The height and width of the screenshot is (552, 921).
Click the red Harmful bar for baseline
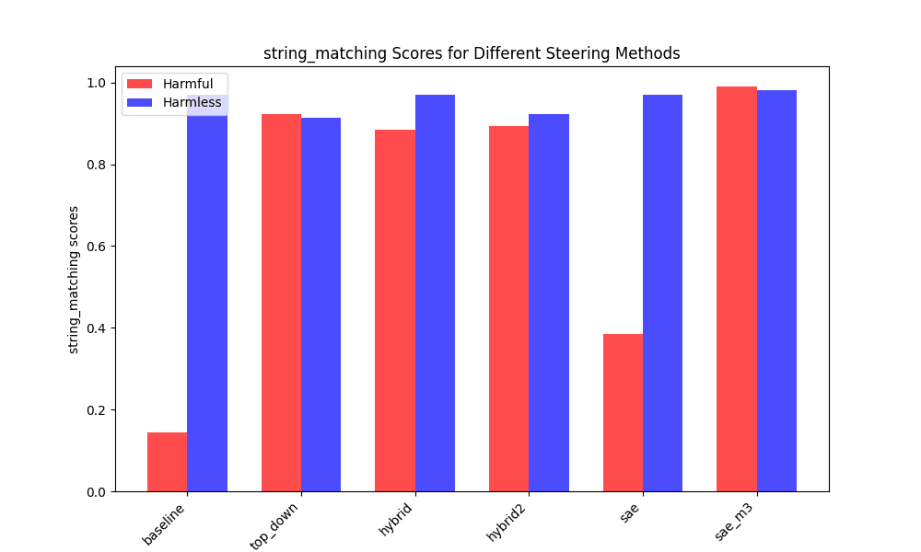pyautogui.click(x=167, y=462)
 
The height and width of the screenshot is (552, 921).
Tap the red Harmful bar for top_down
pyautogui.click(x=281, y=303)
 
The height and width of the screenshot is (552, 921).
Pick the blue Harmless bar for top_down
pyautogui.click(x=321, y=305)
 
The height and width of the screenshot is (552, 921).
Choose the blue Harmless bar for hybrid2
pyautogui.click(x=549, y=303)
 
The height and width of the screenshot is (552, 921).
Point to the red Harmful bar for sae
pyautogui.click(x=623, y=413)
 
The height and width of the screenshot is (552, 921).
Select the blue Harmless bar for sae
pyautogui.click(x=662, y=293)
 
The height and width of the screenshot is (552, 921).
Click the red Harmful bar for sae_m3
pyautogui.click(x=737, y=289)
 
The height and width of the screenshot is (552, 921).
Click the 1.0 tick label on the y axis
pyautogui.click(x=95, y=83)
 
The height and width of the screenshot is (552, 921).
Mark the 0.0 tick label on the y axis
pyautogui.click(x=95, y=492)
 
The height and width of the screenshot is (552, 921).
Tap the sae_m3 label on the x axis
pyautogui.click(x=736, y=525)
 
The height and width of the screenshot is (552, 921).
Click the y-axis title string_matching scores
pyautogui.click(x=74, y=280)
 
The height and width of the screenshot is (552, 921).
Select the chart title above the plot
pyautogui.click(x=472, y=53)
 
